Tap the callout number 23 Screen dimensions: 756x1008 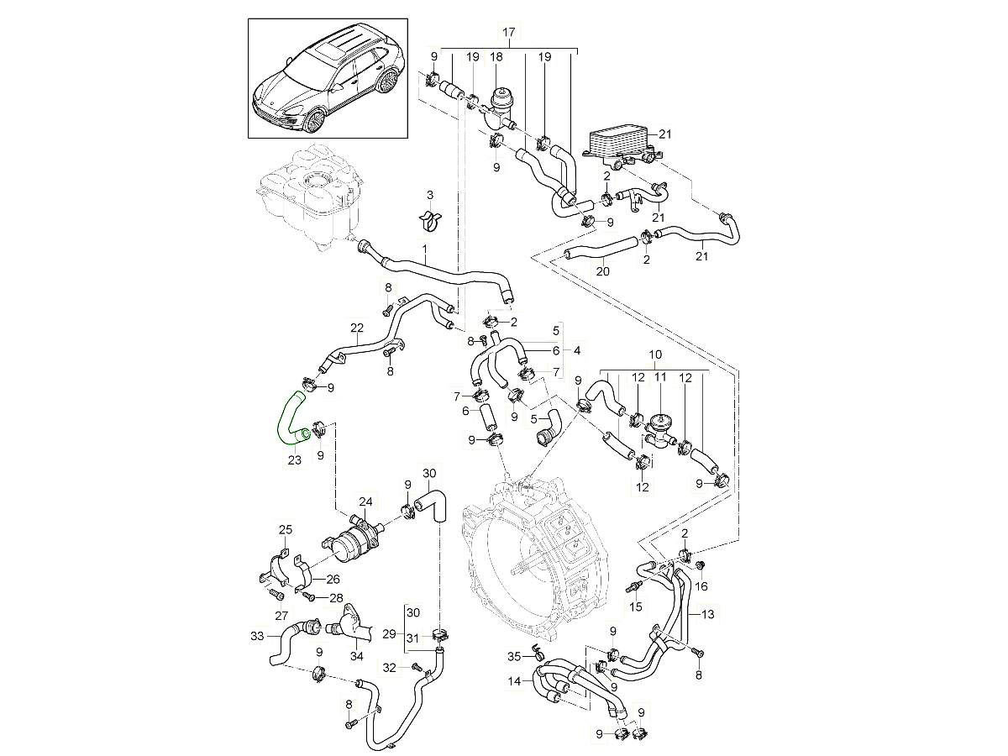[x=293, y=459]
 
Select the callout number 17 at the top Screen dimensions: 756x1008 [x=508, y=33]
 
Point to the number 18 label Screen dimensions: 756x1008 [x=496, y=56]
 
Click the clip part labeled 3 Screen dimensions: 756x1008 [x=429, y=220]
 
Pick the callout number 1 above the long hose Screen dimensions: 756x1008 [x=424, y=249]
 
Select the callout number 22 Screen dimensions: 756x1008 [x=356, y=328]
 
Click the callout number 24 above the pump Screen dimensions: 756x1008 [x=365, y=502]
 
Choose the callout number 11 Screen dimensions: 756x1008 [x=660, y=378]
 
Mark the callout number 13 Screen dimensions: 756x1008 [x=707, y=614]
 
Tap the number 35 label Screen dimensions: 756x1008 [x=514, y=656]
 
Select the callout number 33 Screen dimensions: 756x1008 [x=257, y=635]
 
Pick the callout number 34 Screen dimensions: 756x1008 [x=356, y=657]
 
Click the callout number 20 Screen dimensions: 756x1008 [x=602, y=271]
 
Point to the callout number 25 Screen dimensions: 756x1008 [x=286, y=529]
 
